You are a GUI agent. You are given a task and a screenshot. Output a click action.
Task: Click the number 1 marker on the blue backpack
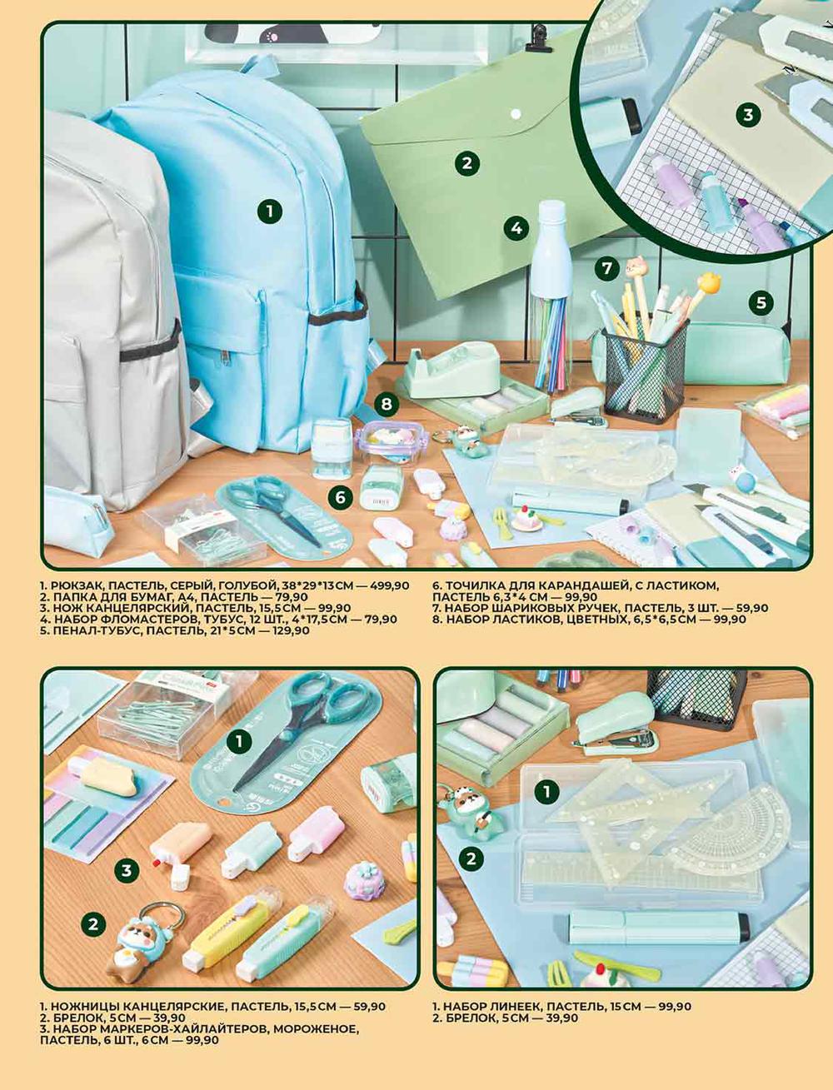269,212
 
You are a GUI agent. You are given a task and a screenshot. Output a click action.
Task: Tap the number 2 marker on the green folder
467,162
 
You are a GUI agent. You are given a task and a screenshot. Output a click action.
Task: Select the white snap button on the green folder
516,115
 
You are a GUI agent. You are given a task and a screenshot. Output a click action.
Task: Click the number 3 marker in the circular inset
748,115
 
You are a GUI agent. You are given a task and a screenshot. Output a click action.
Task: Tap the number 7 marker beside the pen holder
607,269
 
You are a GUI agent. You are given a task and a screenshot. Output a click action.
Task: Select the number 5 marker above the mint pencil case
761,302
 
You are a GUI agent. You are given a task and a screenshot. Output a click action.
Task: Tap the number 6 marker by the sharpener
340,497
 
